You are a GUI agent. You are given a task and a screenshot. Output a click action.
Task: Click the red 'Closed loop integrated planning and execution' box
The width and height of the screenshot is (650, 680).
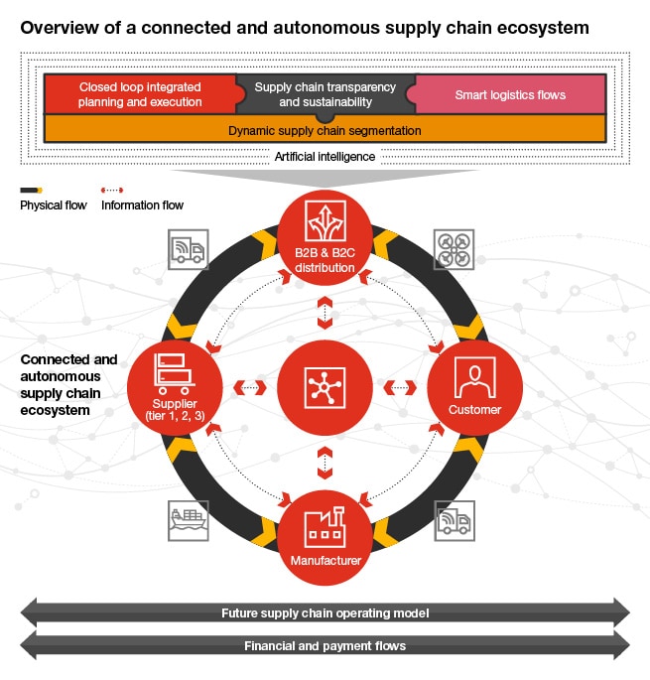[x=139, y=94]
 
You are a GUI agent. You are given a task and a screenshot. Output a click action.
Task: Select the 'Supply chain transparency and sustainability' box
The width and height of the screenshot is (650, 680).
[x=325, y=94]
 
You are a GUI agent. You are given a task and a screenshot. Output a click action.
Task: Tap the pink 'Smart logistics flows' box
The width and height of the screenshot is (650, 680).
[x=510, y=95]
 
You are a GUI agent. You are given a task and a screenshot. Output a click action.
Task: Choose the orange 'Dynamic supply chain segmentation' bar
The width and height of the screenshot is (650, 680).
[x=325, y=130]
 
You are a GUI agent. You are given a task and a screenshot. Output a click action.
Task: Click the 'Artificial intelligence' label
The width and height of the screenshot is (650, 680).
[x=325, y=157]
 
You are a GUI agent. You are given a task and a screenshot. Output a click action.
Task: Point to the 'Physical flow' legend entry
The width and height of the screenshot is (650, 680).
[x=53, y=204]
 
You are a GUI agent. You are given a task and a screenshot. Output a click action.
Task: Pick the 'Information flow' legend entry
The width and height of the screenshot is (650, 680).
[x=142, y=204]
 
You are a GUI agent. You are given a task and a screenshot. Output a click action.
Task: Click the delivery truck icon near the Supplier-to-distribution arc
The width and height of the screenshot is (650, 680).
[x=188, y=249]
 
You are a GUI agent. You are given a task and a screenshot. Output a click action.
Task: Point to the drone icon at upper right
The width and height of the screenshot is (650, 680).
[x=454, y=249]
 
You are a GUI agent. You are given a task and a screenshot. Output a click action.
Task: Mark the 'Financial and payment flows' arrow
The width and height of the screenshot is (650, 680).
[x=325, y=645]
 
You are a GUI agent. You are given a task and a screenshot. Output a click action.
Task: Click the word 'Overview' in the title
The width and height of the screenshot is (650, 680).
[x=59, y=27]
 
